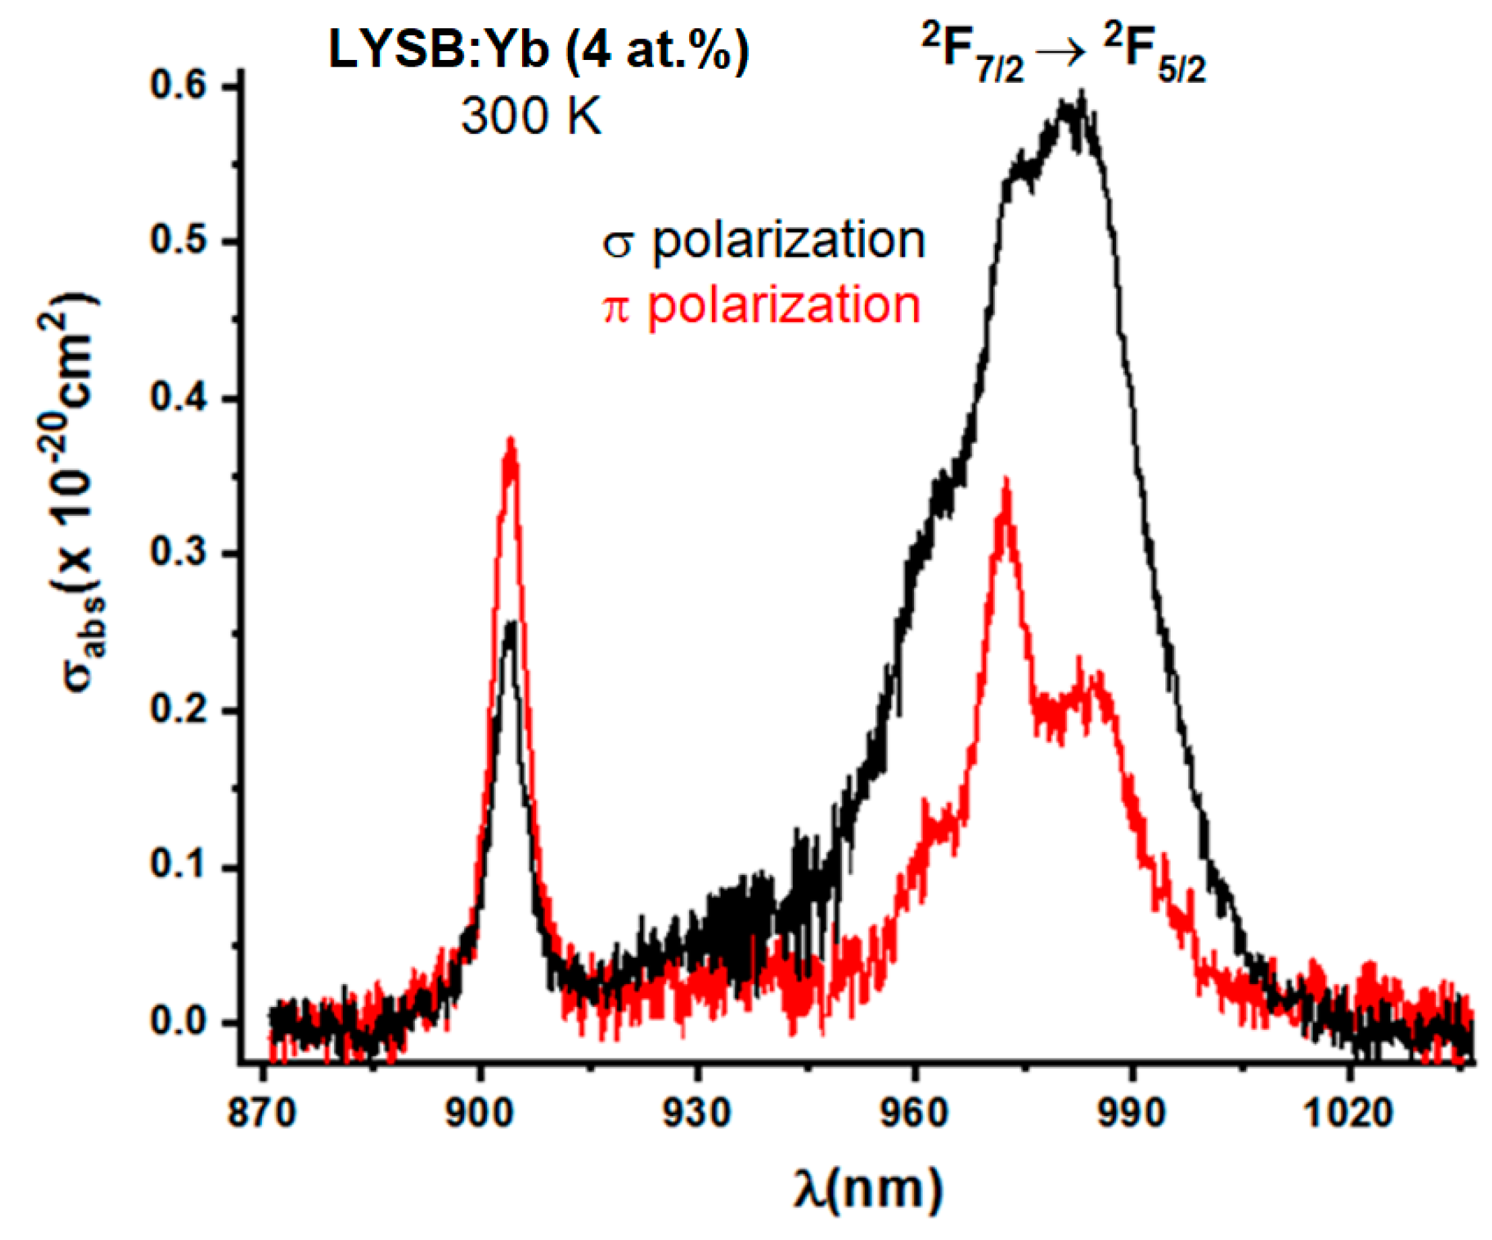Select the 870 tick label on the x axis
261,1112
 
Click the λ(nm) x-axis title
868,1189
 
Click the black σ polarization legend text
765,242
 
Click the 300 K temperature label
531,116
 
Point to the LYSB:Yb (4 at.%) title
539,51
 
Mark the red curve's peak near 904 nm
510,442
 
